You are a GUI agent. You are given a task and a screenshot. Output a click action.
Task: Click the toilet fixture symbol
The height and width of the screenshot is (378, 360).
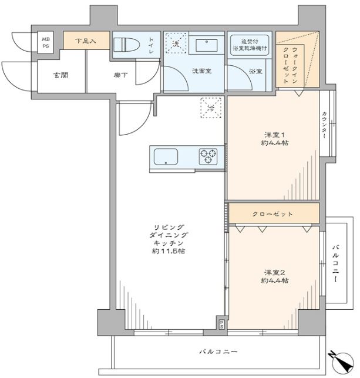(x=127, y=45)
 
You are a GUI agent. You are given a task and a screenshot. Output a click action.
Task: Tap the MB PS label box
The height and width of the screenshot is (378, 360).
(x=45, y=43)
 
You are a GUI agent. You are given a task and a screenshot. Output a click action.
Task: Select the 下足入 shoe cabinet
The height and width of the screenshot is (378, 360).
(x=86, y=41)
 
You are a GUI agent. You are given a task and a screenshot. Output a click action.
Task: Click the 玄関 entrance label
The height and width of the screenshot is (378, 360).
(x=60, y=75)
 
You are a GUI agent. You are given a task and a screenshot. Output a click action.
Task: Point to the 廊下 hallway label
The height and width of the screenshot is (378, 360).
(x=121, y=75)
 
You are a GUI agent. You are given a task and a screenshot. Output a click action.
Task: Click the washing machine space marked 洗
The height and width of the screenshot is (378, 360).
(x=176, y=43)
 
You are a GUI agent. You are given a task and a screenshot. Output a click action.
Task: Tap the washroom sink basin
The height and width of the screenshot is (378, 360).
(x=207, y=45)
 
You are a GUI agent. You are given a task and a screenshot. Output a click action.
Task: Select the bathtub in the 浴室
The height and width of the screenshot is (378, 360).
(x=250, y=45)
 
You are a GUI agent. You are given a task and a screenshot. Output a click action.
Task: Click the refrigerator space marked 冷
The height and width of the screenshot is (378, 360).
(x=211, y=108)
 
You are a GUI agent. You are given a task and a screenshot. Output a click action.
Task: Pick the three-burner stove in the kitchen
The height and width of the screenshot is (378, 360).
(x=208, y=156)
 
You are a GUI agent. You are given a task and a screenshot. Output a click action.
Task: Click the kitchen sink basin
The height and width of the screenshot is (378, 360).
(x=166, y=157)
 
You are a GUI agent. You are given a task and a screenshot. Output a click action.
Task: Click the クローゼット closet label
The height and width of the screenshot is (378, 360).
(x=272, y=214)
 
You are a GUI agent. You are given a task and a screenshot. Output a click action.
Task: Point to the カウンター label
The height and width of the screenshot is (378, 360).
(x=324, y=125)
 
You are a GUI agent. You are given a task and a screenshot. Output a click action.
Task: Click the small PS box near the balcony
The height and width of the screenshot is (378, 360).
(x=221, y=324)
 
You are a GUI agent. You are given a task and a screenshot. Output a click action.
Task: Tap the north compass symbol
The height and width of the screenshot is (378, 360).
(x=342, y=362)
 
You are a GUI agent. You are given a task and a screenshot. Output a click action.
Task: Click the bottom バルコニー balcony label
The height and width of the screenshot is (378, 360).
(x=218, y=352)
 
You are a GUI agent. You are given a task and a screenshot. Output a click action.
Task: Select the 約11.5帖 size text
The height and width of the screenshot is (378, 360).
(x=169, y=251)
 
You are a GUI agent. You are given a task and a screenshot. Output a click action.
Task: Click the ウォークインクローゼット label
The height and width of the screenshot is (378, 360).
(x=291, y=65)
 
